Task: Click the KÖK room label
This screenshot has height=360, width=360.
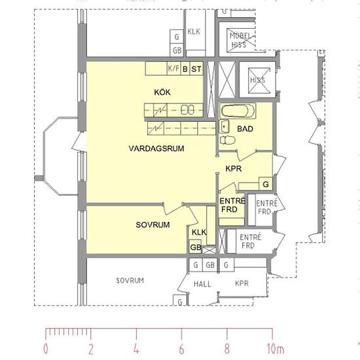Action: [x=162, y=92]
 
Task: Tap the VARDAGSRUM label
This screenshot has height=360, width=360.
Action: [x=156, y=149]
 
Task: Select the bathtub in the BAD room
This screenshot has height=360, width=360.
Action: [x=238, y=111]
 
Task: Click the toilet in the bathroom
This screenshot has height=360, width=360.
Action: [x=228, y=140]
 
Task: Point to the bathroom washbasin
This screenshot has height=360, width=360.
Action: [x=225, y=126]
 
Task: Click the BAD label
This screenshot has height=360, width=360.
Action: [x=245, y=129]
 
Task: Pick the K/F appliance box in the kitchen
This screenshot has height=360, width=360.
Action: [x=174, y=69]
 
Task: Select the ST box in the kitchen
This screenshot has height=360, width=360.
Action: [x=196, y=69]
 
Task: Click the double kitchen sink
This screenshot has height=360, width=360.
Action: [x=188, y=110]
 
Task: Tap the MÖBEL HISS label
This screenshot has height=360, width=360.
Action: [x=240, y=40]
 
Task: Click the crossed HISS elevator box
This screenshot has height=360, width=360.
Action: [x=259, y=81]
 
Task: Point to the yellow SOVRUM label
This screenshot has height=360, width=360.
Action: [x=153, y=225]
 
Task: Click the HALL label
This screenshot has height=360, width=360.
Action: [x=202, y=284]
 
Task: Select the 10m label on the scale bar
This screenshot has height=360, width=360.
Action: [x=276, y=349]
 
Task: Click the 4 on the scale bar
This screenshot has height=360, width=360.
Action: [x=136, y=349]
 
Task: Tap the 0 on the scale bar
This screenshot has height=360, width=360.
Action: [x=46, y=349]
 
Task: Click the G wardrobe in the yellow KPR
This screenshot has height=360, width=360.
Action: [x=266, y=184]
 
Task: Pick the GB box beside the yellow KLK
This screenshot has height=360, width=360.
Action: [x=195, y=247]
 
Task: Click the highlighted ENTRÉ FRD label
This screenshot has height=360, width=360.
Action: [x=232, y=205]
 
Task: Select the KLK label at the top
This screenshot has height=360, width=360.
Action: [x=194, y=31]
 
